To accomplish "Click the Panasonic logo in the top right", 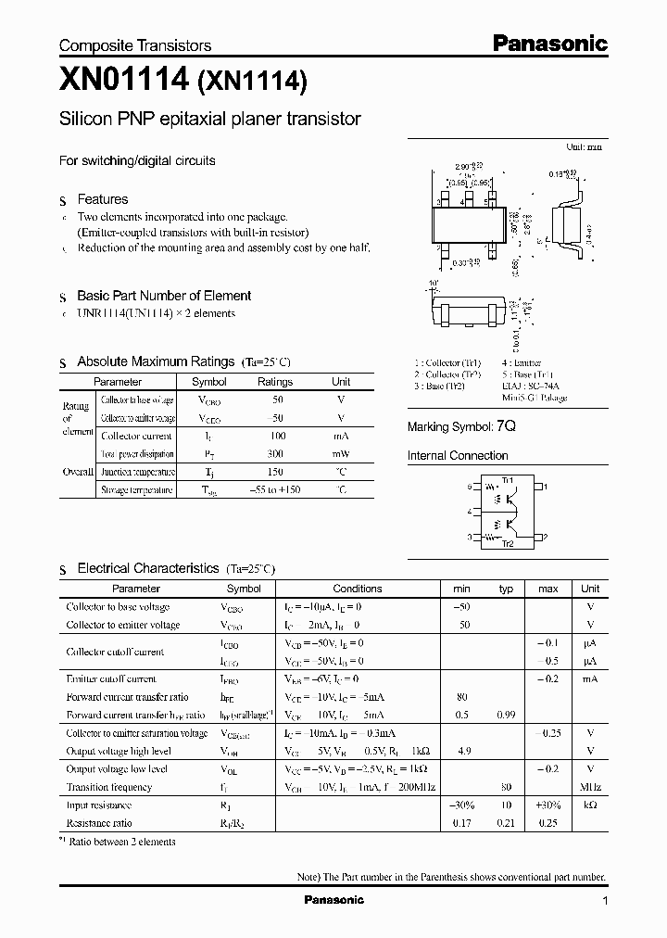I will pyautogui.click(x=548, y=43).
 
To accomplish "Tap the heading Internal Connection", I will pyautogui.click(x=458, y=455).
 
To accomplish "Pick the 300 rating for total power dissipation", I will pyautogui.click(x=274, y=454).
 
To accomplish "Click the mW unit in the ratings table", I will pyautogui.click(x=341, y=454).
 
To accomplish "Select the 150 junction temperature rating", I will pyautogui.click(x=274, y=472).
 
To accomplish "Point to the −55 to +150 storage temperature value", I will pyautogui.click(x=274, y=489).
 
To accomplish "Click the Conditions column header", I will pyautogui.click(x=358, y=589).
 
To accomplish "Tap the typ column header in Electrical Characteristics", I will pyautogui.click(x=506, y=589).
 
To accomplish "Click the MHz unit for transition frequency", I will pyautogui.click(x=590, y=787).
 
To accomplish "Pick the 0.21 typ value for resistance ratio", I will pyautogui.click(x=506, y=823).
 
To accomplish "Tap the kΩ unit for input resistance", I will pyautogui.click(x=590, y=805).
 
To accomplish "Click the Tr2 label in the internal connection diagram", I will pyautogui.click(x=507, y=544).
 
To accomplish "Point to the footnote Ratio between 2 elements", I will pyautogui.click(x=123, y=842).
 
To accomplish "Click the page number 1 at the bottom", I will pyautogui.click(x=605, y=901).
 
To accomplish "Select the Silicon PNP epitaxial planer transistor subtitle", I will pyautogui.click(x=209, y=120).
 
